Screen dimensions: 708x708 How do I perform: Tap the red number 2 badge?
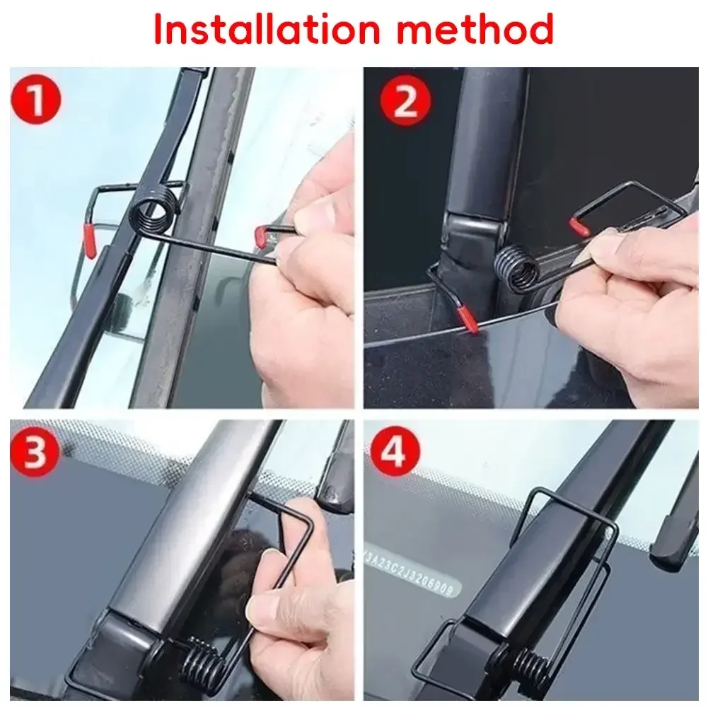tap(405, 102)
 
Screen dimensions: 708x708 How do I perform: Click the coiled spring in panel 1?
tap(153, 211)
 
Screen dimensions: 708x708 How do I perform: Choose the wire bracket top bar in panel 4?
tap(566, 498)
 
